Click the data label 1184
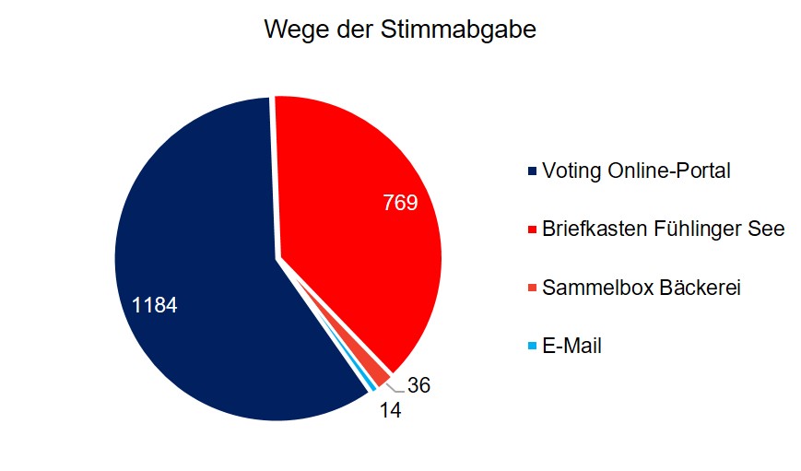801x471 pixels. coord(154,304)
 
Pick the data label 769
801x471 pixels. coord(400,202)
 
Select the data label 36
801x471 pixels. coord(418,385)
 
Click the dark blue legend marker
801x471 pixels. coord(532,172)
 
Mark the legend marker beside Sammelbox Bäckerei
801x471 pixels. coord(532,289)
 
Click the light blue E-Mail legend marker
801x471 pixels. coord(532,347)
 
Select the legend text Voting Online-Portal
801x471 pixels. coord(636,171)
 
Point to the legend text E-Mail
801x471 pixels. coord(571,347)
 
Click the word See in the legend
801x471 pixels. coord(769,230)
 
